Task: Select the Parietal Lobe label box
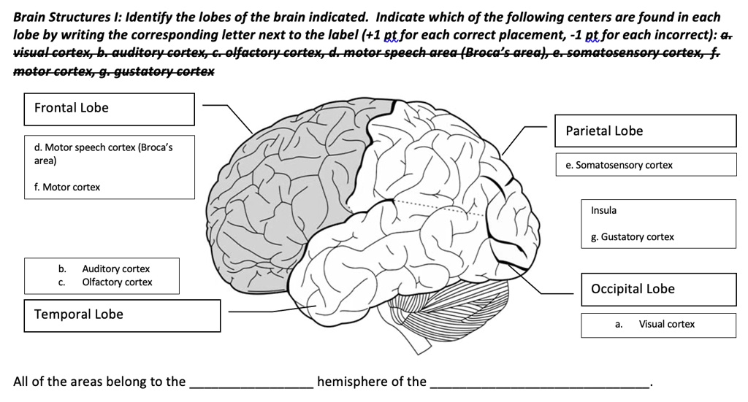(645, 131)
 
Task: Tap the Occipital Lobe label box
(658, 289)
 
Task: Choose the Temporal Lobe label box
(122, 315)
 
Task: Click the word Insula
(603, 211)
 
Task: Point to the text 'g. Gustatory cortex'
(633, 237)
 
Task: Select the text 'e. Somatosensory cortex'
(619, 166)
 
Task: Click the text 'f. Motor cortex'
(67, 188)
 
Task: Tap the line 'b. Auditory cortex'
(106, 269)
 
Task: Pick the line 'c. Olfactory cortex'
(107, 282)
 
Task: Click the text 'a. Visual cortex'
(655, 324)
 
